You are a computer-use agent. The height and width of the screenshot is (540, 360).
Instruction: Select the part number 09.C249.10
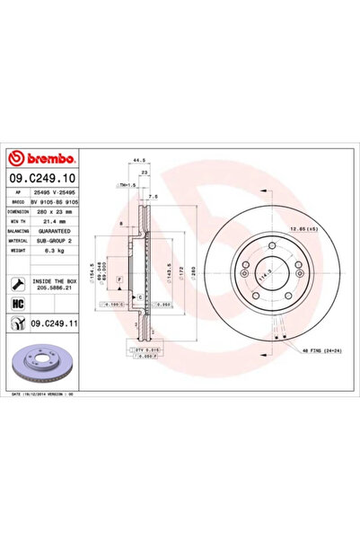44,178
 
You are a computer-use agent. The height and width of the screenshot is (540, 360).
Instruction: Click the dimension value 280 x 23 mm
62,213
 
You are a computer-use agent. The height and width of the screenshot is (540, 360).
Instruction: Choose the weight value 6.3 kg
50,252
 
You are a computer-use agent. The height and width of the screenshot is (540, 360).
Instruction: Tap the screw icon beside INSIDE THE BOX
20,283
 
